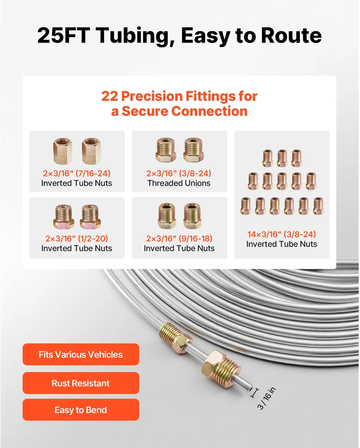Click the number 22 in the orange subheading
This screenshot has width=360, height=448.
point(110,96)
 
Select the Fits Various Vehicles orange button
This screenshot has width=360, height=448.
point(81,354)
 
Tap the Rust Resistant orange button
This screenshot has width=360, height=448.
point(81,383)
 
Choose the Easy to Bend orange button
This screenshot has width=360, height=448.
point(81,410)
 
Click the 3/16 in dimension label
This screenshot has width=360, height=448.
point(266,398)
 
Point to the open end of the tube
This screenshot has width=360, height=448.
point(250,389)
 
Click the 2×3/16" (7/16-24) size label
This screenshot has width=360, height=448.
point(77,173)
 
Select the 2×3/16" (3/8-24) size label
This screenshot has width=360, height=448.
point(179,173)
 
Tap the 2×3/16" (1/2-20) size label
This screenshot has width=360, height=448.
point(77,238)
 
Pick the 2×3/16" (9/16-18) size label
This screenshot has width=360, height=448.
point(179,238)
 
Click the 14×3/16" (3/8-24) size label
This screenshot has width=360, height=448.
point(282,234)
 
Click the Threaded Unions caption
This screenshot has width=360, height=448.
point(179,183)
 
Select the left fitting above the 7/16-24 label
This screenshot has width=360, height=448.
point(63,151)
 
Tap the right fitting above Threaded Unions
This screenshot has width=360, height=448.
point(193,150)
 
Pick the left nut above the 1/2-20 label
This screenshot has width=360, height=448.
point(64,216)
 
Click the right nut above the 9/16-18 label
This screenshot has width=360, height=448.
point(193,216)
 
